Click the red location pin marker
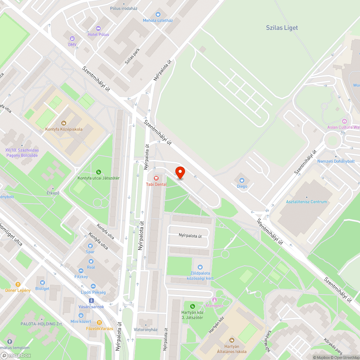pyautogui.click(x=180, y=173)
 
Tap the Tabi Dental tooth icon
pyautogui.click(x=156, y=178)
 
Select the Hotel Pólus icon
pyautogui.click(x=98, y=28)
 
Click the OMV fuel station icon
pyautogui.click(x=72, y=39)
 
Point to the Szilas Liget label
pyautogui.click(x=282, y=28)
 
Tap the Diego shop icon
pyautogui.click(x=242, y=180)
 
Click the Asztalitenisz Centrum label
pyautogui.click(x=306, y=202)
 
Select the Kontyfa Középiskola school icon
pyautogui.click(x=64, y=123)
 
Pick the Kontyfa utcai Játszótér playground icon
pyautogui.click(x=99, y=172)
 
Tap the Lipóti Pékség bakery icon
pyautogui.click(x=93, y=286)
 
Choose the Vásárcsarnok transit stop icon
pyautogui.click(x=91, y=300)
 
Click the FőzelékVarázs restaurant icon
pyautogui.click(x=99, y=323)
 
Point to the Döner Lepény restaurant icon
pyautogui.click(x=18, y=284)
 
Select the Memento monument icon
pyautogui.click(x=215, y=300)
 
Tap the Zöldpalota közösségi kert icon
pyautogui.click(x=200, y=267)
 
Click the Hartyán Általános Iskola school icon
pyautogui.click(x=232, y=340)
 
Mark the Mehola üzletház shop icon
pyautogui.click(x=158, y=14)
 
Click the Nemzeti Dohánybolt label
pyautogui.click(x=336, y=161)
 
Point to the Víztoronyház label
pyautogui.click(x=145, y=330)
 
